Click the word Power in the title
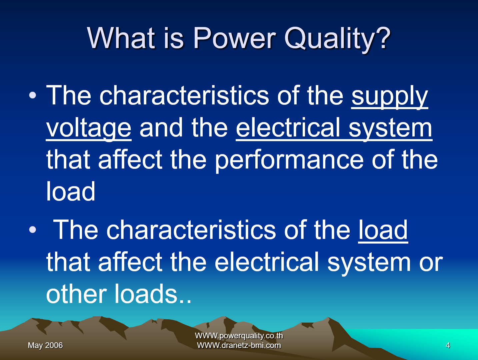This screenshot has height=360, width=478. [234, 38]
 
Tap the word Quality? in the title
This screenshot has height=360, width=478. [337, 39]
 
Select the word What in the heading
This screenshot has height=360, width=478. [121, 38]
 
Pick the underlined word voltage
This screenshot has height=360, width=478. [89, 128]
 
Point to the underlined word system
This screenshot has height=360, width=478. [390, 128]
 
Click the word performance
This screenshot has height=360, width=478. [289, 160]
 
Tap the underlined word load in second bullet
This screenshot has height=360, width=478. [383, 230]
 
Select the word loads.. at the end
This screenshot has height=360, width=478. [153, 294]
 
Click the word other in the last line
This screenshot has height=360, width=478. [76, 294]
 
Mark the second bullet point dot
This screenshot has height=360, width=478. [32, 230]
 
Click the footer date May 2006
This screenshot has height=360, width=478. [45, 345]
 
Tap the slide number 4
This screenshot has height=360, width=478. [448, 345]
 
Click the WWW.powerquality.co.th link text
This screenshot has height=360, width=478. [239, 336]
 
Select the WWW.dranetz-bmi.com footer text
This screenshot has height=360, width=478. [239, 345]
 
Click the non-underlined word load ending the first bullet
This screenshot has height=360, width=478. [71, 192]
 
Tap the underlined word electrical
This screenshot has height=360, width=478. [288, 128]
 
